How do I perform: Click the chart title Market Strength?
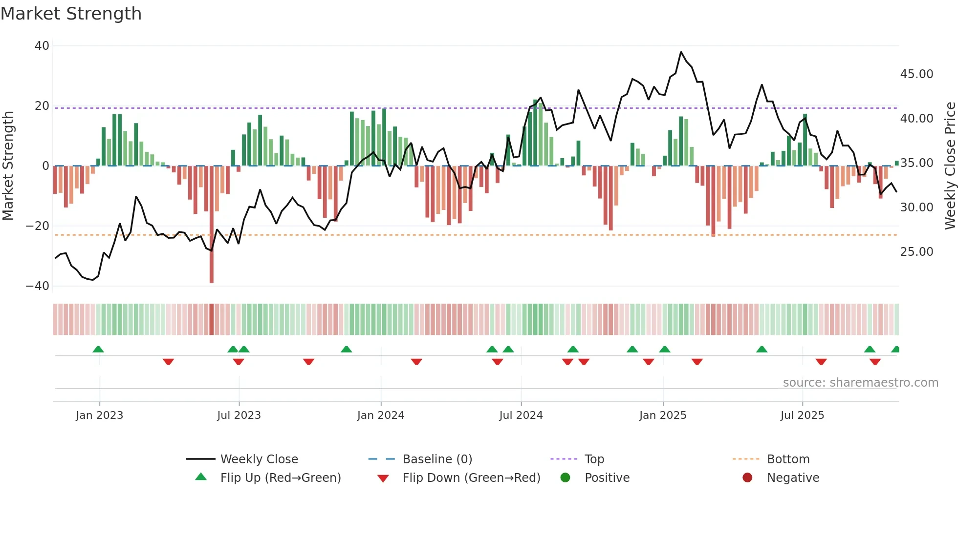[71, 14]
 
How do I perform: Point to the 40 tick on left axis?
[42, 46]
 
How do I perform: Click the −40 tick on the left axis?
[38, 286]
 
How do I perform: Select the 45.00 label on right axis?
[916, 74]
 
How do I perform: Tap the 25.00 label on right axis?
[916, 252]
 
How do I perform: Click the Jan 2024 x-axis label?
[381, 415]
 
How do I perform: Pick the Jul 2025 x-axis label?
[802, 415]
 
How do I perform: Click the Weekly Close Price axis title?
[950, 166]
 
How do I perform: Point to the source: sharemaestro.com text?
[860, 383]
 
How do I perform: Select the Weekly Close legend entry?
[259, 459]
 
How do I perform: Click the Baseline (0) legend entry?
[437, 459]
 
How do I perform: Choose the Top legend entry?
[594, 459]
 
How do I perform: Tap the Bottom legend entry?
[788, 459]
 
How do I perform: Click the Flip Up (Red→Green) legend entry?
[280, 478]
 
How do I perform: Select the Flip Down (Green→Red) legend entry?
[471, 478]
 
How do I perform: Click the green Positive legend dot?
[566, 478]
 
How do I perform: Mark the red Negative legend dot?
[747, 478]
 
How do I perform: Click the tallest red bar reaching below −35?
[212, 244]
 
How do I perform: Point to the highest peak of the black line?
[681, 52]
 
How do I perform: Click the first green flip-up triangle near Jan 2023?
[98, 350]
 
